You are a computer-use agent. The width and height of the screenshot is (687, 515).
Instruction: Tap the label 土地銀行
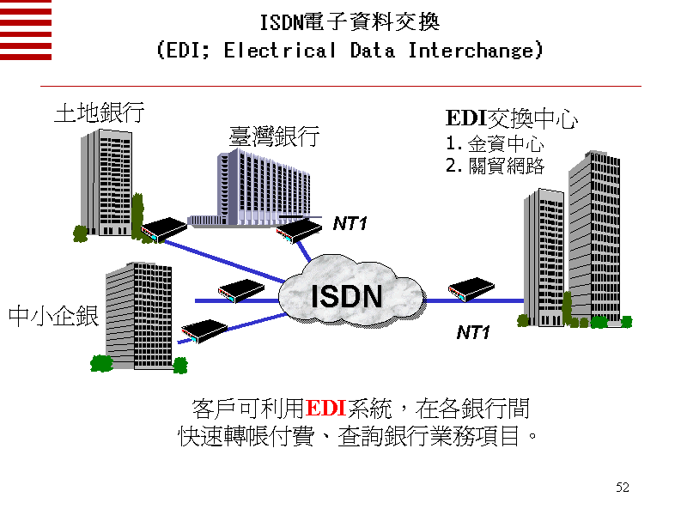point(99,113)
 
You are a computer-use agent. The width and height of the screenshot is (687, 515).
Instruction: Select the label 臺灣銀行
point(274,136)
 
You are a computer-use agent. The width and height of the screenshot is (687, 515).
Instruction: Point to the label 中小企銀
point(53,316)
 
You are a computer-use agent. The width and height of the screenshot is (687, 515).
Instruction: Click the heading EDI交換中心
point(511,119)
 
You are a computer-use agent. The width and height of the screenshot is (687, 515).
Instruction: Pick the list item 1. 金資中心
point(494,143)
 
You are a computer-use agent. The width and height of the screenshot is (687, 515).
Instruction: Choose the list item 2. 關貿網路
point(494,166)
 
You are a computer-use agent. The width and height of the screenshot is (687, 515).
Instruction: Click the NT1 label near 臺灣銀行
point(350,224)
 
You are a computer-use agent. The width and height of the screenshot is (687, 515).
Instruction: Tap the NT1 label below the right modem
point(473,332)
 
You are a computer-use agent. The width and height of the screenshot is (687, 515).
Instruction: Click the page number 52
point(623,488)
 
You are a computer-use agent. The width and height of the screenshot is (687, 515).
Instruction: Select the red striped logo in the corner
point(26,30)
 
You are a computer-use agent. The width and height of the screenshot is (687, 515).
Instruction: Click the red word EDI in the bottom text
point(325,407)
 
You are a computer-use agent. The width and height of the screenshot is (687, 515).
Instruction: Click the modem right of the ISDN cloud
point(469,290)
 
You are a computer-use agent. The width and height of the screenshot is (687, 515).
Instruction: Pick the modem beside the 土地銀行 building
point(164,229)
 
